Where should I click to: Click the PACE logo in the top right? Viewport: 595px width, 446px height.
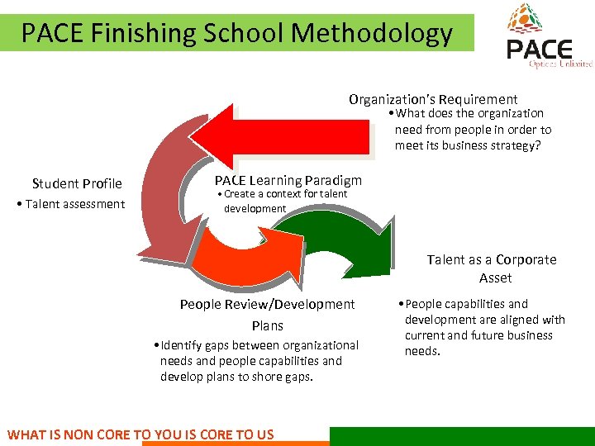[548, 37]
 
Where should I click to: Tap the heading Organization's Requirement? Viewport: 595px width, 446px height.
[433, 99]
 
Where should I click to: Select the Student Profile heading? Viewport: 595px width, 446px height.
[77, 183]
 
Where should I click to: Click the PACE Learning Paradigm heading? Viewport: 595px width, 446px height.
[288, 180]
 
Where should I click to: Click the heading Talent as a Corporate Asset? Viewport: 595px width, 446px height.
[492, 268]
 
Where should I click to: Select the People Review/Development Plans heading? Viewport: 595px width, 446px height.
[267, 314]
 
